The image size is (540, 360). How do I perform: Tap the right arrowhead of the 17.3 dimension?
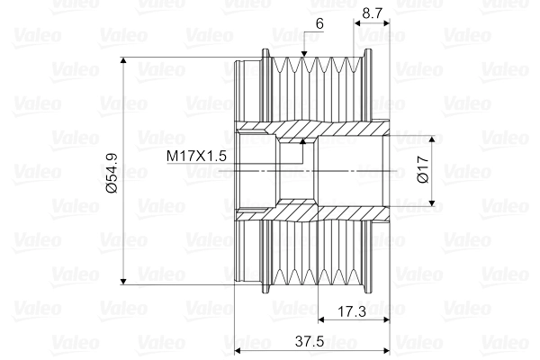[387, 319]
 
